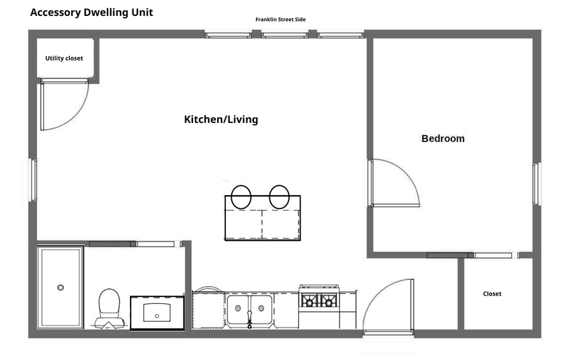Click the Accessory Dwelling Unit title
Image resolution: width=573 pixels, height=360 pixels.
91,13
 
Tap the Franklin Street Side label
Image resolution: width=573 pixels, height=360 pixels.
280,19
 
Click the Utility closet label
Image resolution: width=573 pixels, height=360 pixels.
64,58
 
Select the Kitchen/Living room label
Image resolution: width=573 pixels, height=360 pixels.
221,119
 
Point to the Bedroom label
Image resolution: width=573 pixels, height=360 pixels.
443,138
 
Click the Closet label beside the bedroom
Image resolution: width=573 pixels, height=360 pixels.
492,294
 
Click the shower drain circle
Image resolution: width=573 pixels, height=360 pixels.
60,287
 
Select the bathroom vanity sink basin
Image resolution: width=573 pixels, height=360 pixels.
157,312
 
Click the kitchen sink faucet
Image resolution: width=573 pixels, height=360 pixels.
250,319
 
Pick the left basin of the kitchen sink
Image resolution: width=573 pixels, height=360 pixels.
238,310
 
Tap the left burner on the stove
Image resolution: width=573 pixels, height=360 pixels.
309,301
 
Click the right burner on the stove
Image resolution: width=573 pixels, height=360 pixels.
329,301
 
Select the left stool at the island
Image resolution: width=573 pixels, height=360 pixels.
241,197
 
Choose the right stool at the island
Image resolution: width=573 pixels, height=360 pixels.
279,197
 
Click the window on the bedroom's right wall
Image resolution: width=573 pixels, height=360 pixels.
536,184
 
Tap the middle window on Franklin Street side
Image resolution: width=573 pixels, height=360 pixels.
285,35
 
